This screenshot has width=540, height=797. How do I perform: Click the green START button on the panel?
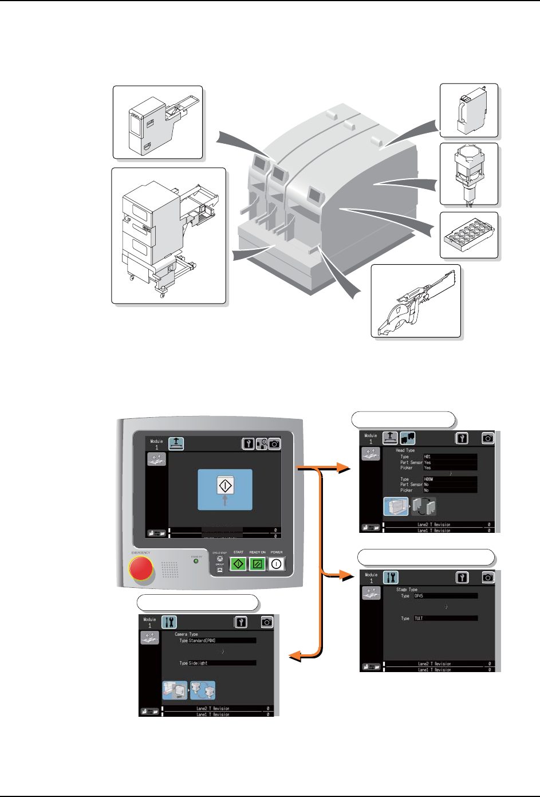(x=238, y=564)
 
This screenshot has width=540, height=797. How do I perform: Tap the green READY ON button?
(x=257, y=564)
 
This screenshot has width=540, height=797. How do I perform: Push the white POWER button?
(x=276, y=564)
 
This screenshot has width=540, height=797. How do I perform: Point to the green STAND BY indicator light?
(x=196, y=561)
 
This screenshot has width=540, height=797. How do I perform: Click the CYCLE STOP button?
(x=219, y=559)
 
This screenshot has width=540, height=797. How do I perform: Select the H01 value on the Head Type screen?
(x=450, y=457)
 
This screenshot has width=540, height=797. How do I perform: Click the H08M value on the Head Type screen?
(x=450, y=479)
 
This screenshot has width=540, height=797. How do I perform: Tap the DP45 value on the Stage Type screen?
(x=446, y=596)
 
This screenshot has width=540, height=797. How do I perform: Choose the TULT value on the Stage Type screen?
(x=446, y=618)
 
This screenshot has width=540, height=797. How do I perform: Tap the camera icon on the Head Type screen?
(x=487, y=438)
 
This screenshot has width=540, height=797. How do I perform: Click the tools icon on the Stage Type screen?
(x=391, y=577)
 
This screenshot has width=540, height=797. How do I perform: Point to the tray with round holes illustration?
(x=468, y=235)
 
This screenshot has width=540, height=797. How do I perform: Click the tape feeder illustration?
(x=416, y=301)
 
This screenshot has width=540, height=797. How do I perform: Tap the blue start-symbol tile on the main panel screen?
(x=225, y=489)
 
